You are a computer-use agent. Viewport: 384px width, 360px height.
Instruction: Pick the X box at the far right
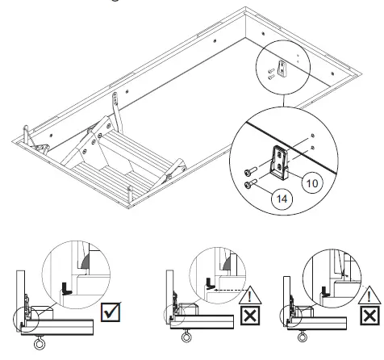(x=370, y=315)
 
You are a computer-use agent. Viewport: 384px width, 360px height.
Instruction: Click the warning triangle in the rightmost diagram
(x=370, y=295)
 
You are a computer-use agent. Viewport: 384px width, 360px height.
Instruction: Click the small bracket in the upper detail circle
(x=281, y=69)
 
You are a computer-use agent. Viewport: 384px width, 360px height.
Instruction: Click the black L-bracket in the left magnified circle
(x=68, y=287)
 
